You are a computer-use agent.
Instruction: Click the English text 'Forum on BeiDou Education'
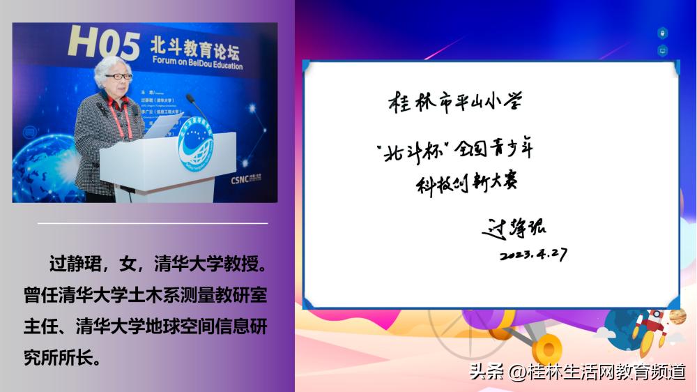click(x=197, y=66)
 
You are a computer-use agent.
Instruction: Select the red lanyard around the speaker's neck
click(x=123, y=119)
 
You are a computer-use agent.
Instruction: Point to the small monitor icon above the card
click(x=662, y=51)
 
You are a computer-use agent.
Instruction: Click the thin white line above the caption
click(x=153, y=223)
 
